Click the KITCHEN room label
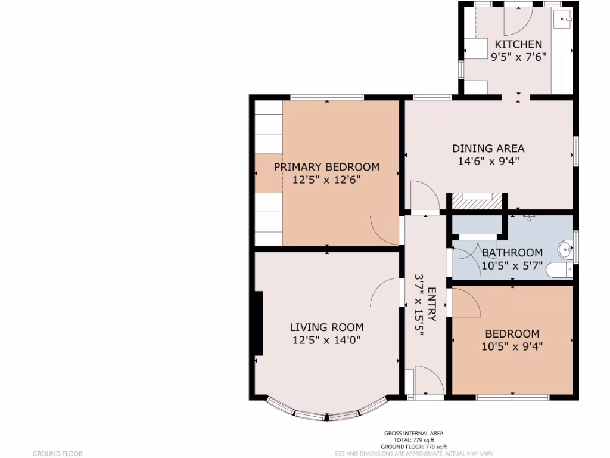(518, 44)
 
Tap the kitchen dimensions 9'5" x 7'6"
(518, 57)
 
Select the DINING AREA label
(488, 148)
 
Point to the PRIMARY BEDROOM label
(326, 167)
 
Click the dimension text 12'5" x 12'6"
(326, 180)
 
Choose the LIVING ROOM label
(326, 327)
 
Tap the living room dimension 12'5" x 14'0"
(326, 340)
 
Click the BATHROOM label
(512, 253)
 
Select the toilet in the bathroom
(559, 270)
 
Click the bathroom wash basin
(565, 249)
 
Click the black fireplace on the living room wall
(259, 324)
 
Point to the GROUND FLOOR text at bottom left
(57, 454)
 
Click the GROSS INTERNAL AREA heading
(413, 434)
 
